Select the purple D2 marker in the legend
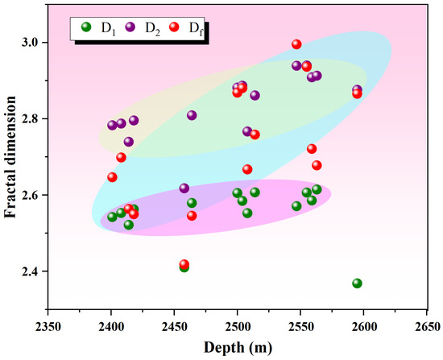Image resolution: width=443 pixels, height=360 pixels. tap(130, 28)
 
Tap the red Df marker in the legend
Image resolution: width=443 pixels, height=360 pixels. tap(176, 28)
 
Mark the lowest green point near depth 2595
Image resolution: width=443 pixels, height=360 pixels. tap(357, 283)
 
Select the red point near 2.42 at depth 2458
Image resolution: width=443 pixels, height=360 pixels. tap(184, 264)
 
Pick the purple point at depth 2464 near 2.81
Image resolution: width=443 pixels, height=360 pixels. tap(192, 115)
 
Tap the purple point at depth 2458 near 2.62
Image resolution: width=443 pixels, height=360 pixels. tap(184, 188)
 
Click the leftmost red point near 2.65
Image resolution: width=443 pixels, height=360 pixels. tap(112, 177)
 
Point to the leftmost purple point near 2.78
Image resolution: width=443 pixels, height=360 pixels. tap(112, 126)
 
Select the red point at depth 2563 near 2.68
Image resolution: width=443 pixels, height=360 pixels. tap(317, 165)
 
